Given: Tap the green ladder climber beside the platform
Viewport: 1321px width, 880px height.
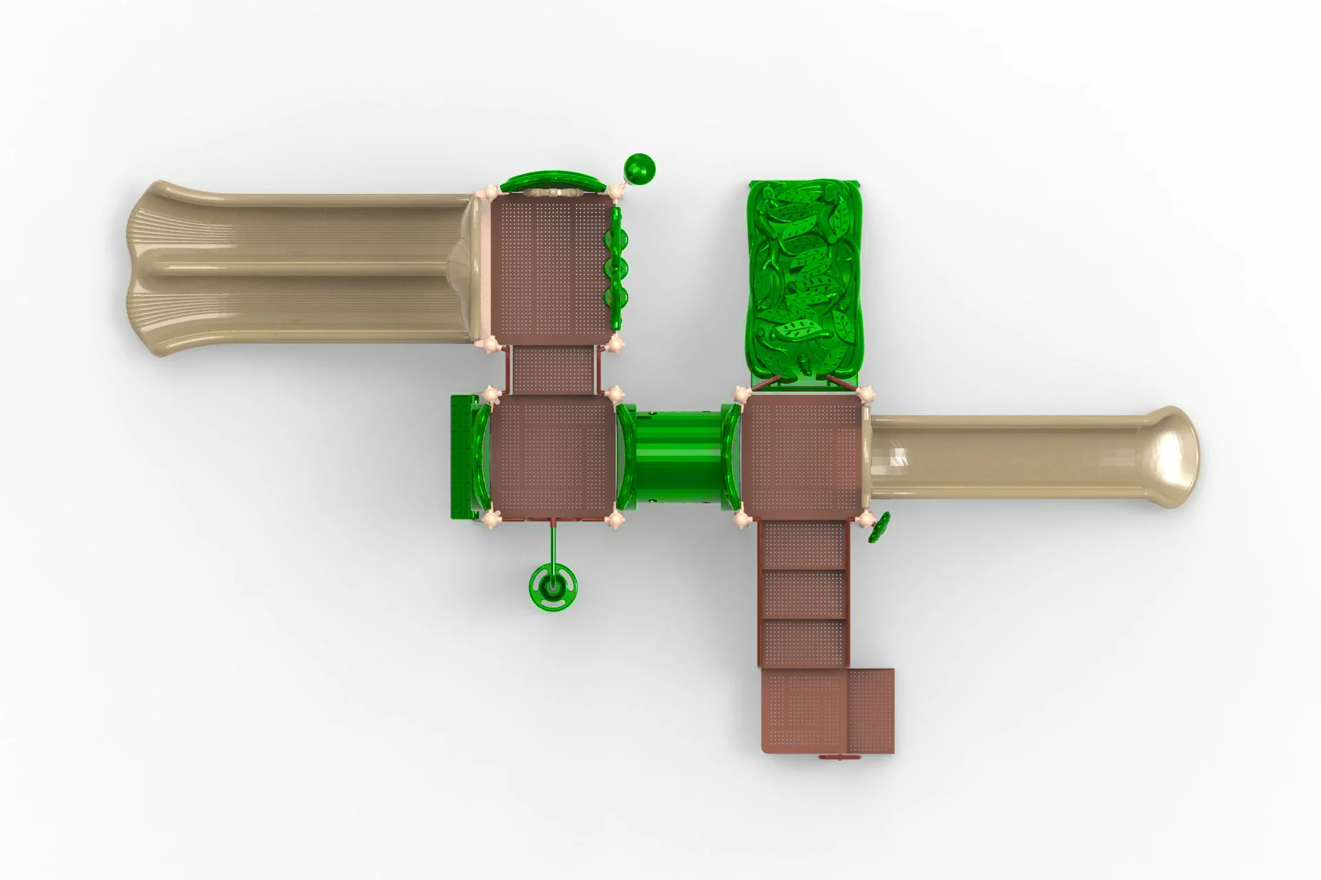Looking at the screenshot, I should [462, 456].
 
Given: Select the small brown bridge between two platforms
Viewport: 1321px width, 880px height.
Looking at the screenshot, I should [554, 369].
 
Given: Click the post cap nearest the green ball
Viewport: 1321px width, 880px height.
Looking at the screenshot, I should [616, 188].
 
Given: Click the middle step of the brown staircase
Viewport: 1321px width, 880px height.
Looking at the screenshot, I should [804, 593].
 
